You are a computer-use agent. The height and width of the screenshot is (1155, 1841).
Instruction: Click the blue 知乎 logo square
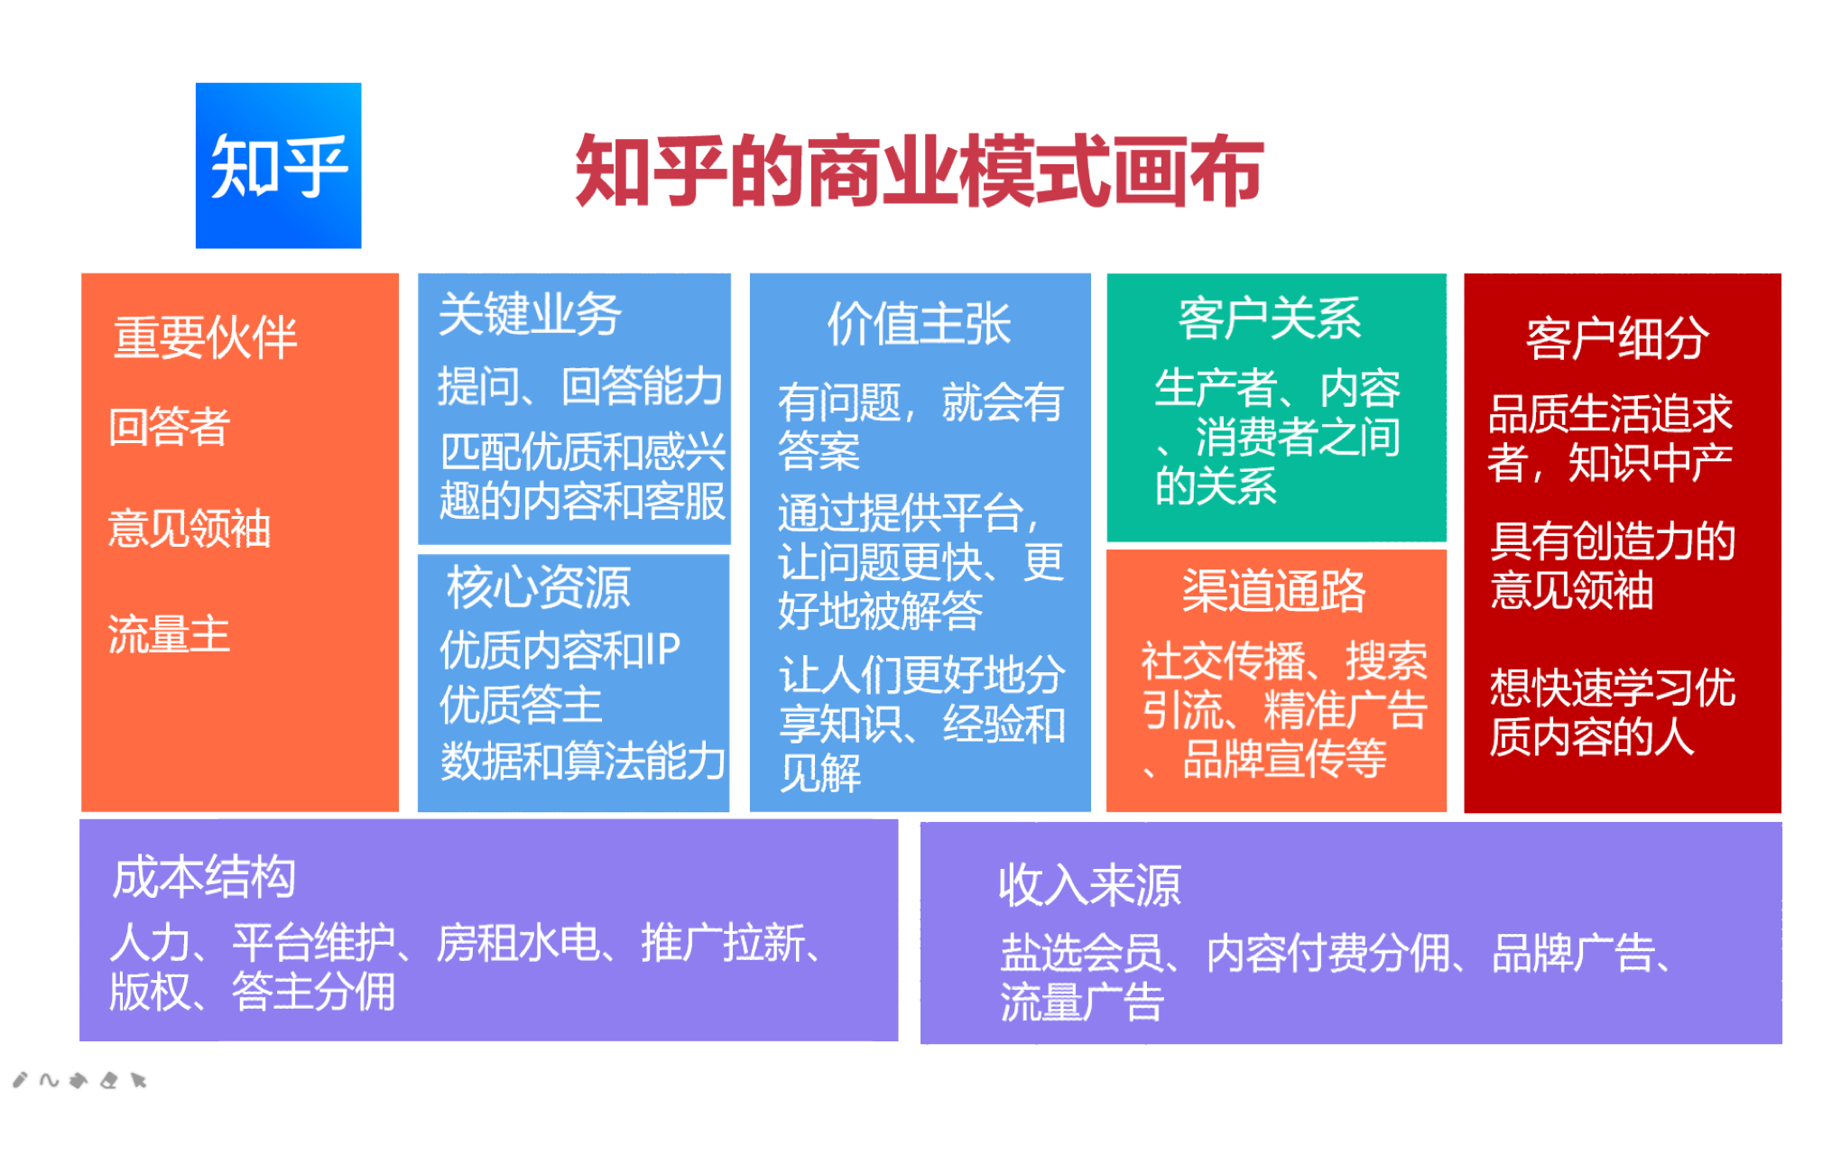pos(279,166)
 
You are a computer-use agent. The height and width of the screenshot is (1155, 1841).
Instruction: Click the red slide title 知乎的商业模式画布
pos(919,171)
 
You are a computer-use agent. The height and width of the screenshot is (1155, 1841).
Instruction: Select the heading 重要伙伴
pos(206,337)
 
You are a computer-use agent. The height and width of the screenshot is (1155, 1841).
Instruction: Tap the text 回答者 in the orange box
pos(169,426)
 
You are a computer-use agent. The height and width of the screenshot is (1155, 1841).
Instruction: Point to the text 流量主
pos(169,633)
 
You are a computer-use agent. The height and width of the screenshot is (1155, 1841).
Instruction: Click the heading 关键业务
pos(530,315)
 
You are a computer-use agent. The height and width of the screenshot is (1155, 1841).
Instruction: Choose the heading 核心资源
pos(539,587)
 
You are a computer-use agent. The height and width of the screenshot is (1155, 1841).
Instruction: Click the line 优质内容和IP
pos(560,650)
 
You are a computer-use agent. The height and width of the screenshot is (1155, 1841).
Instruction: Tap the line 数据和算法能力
pos(583,761)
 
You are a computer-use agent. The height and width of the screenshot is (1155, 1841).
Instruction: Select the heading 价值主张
pos(919,324)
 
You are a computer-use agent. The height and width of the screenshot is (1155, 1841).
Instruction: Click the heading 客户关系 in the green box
pos(1269,318)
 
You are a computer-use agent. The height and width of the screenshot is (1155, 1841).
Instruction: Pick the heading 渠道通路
pos(1274,591)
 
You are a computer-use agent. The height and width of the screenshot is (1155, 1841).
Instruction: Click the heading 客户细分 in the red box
pos(1617,338)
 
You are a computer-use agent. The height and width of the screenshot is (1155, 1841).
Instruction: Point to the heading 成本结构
pos(204,876)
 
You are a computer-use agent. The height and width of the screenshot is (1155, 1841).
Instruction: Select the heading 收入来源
pos(1089,884)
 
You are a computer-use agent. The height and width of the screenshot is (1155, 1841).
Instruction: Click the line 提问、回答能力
pos(580,386)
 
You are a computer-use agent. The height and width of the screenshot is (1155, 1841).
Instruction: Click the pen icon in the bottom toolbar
pos(20,1079)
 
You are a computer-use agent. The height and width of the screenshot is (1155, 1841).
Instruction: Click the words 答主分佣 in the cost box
pos(313,992)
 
